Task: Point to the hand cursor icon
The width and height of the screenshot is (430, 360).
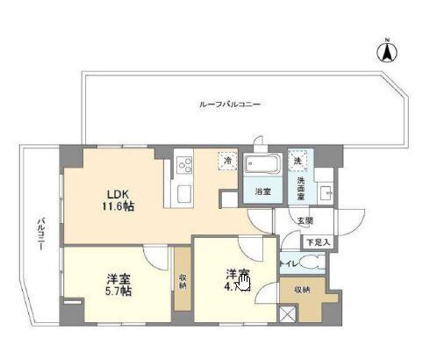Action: click(x=244, y=282)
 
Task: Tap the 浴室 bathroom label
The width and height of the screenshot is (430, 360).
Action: click(x=262, y=191)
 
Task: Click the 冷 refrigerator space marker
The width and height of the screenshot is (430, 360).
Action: click(x=227, y=162)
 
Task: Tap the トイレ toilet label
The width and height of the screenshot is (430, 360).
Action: click(x=287, y=263)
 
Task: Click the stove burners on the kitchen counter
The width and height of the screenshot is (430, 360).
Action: click(x=184, y=163)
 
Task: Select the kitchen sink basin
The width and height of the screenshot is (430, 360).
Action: click(x=184, y=191)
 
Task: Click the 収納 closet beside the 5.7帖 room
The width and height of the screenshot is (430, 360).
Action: click(x=182, y=282)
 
